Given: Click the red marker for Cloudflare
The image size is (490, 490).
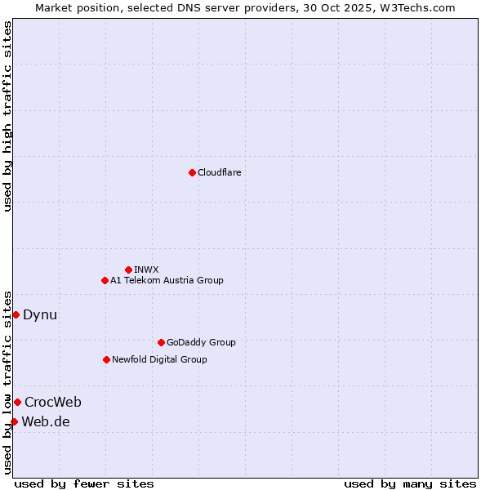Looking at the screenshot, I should click(x=192, y=172).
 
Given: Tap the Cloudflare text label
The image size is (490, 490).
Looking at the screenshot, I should click(x=219, y=172).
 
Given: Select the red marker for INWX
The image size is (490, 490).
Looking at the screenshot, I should click(x=128, y=269).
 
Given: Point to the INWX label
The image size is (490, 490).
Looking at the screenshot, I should click(x=146, y=269).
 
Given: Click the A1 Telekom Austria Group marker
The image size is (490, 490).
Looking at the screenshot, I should click(x=105, y=280).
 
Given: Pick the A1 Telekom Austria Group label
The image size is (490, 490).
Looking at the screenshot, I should click(x=167, y=280).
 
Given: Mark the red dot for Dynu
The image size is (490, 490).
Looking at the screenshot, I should click(x=16, y=314).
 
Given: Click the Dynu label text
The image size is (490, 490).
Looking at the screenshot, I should click(x=40, y=314).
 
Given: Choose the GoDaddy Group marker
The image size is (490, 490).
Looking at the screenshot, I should click(x=161, y=342).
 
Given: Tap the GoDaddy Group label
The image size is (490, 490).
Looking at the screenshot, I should click(x=200, y=342).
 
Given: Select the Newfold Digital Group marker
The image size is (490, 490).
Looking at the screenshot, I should click(x=106, y=359).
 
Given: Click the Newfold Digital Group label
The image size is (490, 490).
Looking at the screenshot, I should click(x=159, y=359).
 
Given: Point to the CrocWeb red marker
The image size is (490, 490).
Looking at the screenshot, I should click(x=17, y=402).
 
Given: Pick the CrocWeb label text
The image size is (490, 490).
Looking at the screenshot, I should click(x=53, y=402).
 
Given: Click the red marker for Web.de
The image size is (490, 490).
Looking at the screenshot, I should click(x=14, y=421).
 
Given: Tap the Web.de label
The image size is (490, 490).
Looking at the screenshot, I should click(x=46, y=421).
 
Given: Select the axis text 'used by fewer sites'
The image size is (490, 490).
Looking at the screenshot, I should click(x=84, y=483).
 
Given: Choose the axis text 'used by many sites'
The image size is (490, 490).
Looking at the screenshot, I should click(x=410, y=483).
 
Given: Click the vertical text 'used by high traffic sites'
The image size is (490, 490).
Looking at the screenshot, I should click(x=7, y=116).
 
